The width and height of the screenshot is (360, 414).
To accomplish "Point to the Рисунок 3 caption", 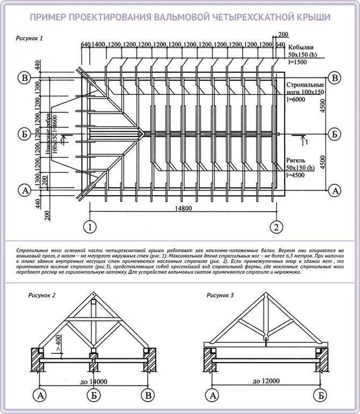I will pyautogui.click(x=220, y=295).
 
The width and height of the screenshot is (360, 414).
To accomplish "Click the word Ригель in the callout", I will pyautogui.click(x=297, y=160).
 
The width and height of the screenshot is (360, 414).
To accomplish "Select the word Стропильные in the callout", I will pyautogui.click(x=305, y=85).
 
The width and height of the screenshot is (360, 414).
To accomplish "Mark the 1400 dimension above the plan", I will pyautogui.click(x=98, y=44).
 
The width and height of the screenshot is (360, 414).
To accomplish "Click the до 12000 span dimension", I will pyautogui.click(x=266, y=381).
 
